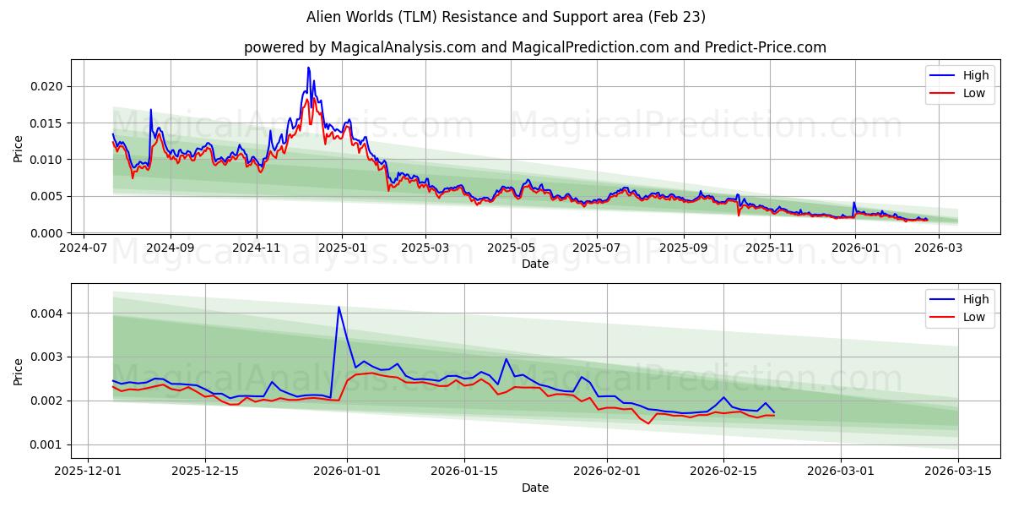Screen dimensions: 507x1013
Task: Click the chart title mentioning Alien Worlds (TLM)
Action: pyautogui.click(x=506, y=17)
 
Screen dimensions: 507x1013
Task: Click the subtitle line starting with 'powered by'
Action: pyautogui.click(x=535, y=47)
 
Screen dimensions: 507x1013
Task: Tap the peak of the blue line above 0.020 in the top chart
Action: pyautogui.click(x=308, y=68)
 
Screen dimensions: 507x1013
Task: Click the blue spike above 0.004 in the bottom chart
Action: pyautogui.click(x=339, y=308)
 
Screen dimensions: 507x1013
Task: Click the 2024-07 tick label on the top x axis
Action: pyautogui.click(x=83, y=248)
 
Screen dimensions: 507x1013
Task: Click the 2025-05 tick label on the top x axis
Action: pyautogui.click(x=511, y=248)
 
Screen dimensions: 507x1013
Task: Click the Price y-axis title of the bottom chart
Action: pyautogui.click(x=19, y=370)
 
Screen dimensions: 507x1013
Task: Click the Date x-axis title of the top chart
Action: pyautogui.click(x=535, y=264)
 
